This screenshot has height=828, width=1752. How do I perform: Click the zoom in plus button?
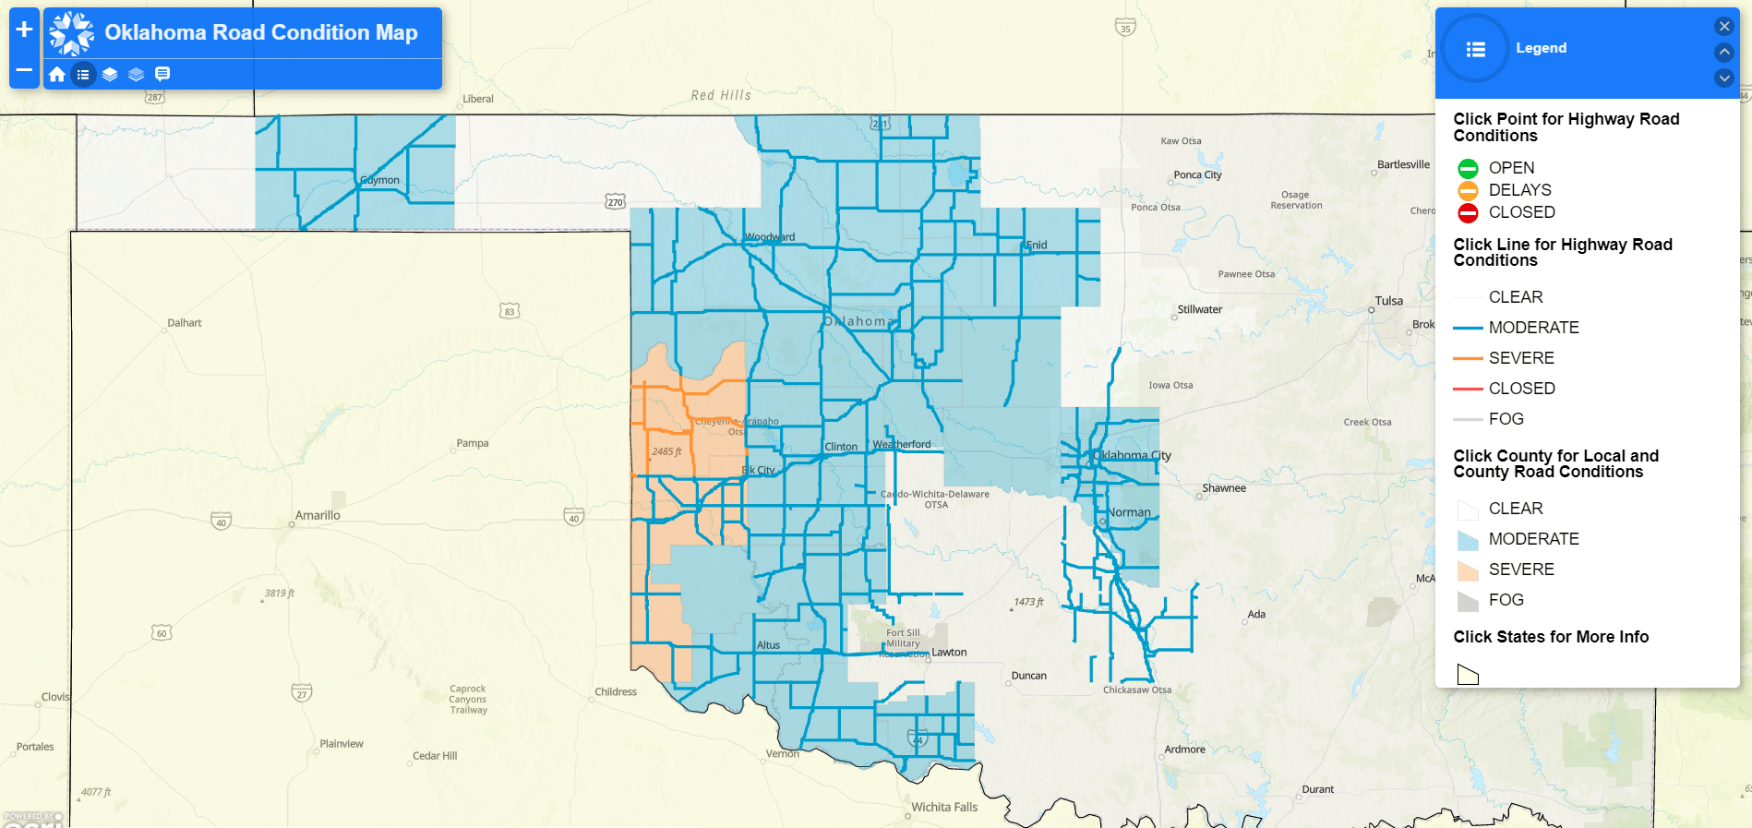24,29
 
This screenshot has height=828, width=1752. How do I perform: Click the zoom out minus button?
24,70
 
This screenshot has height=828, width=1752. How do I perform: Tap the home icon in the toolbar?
57,74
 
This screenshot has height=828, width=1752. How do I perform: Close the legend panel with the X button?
1723,27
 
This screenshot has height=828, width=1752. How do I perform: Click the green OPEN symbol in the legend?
1468,168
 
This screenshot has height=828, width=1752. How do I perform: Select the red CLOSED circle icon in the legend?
1468,213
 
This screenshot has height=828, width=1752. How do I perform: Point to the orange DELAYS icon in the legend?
1468,190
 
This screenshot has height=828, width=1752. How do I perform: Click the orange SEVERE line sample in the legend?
1468,358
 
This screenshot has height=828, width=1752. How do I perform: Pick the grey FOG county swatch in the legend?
1468,601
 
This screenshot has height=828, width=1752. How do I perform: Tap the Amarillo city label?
318,515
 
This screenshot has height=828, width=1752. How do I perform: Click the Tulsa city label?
1388,301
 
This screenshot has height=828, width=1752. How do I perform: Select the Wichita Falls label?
944,807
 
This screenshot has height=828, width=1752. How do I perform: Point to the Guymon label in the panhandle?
380,180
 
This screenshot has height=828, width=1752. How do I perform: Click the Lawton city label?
949,652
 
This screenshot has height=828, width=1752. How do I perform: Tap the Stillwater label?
1199,309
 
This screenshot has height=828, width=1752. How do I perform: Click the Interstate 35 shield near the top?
1124,28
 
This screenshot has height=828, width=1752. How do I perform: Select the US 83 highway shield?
510,311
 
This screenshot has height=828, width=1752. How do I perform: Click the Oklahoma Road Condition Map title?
260,32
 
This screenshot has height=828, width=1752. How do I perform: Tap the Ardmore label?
1184,749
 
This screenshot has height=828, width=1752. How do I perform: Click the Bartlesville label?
1403,164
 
